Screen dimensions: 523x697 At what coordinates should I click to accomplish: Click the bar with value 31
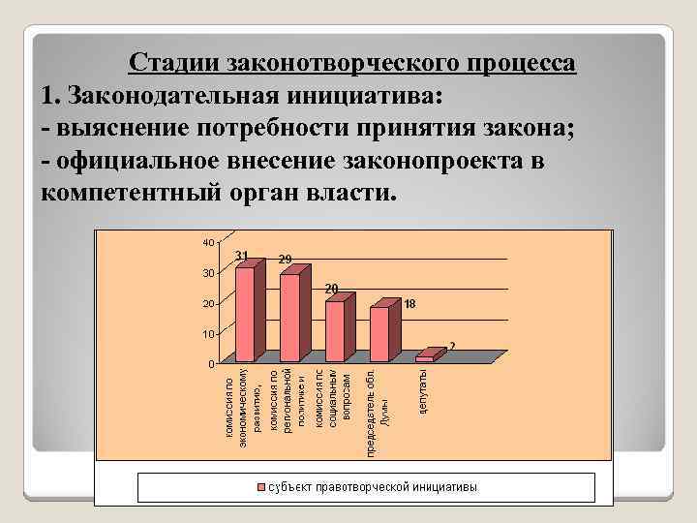click(x=245, y=315)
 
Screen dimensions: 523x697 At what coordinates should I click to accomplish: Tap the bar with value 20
click(x=334, y=331)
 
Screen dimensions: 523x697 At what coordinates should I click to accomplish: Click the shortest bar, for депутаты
click(x=424, y=359)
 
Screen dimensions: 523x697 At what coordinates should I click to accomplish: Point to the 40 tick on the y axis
click(x=208, y=241)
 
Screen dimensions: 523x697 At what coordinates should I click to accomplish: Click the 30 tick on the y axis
click(x=208, y=272)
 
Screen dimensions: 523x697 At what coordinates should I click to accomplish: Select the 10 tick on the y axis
click(x=208, y=333)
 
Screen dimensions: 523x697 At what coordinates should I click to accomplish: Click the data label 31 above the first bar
click(x=242, y=256)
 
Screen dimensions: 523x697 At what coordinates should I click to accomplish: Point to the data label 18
click(x=410, y=303)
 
